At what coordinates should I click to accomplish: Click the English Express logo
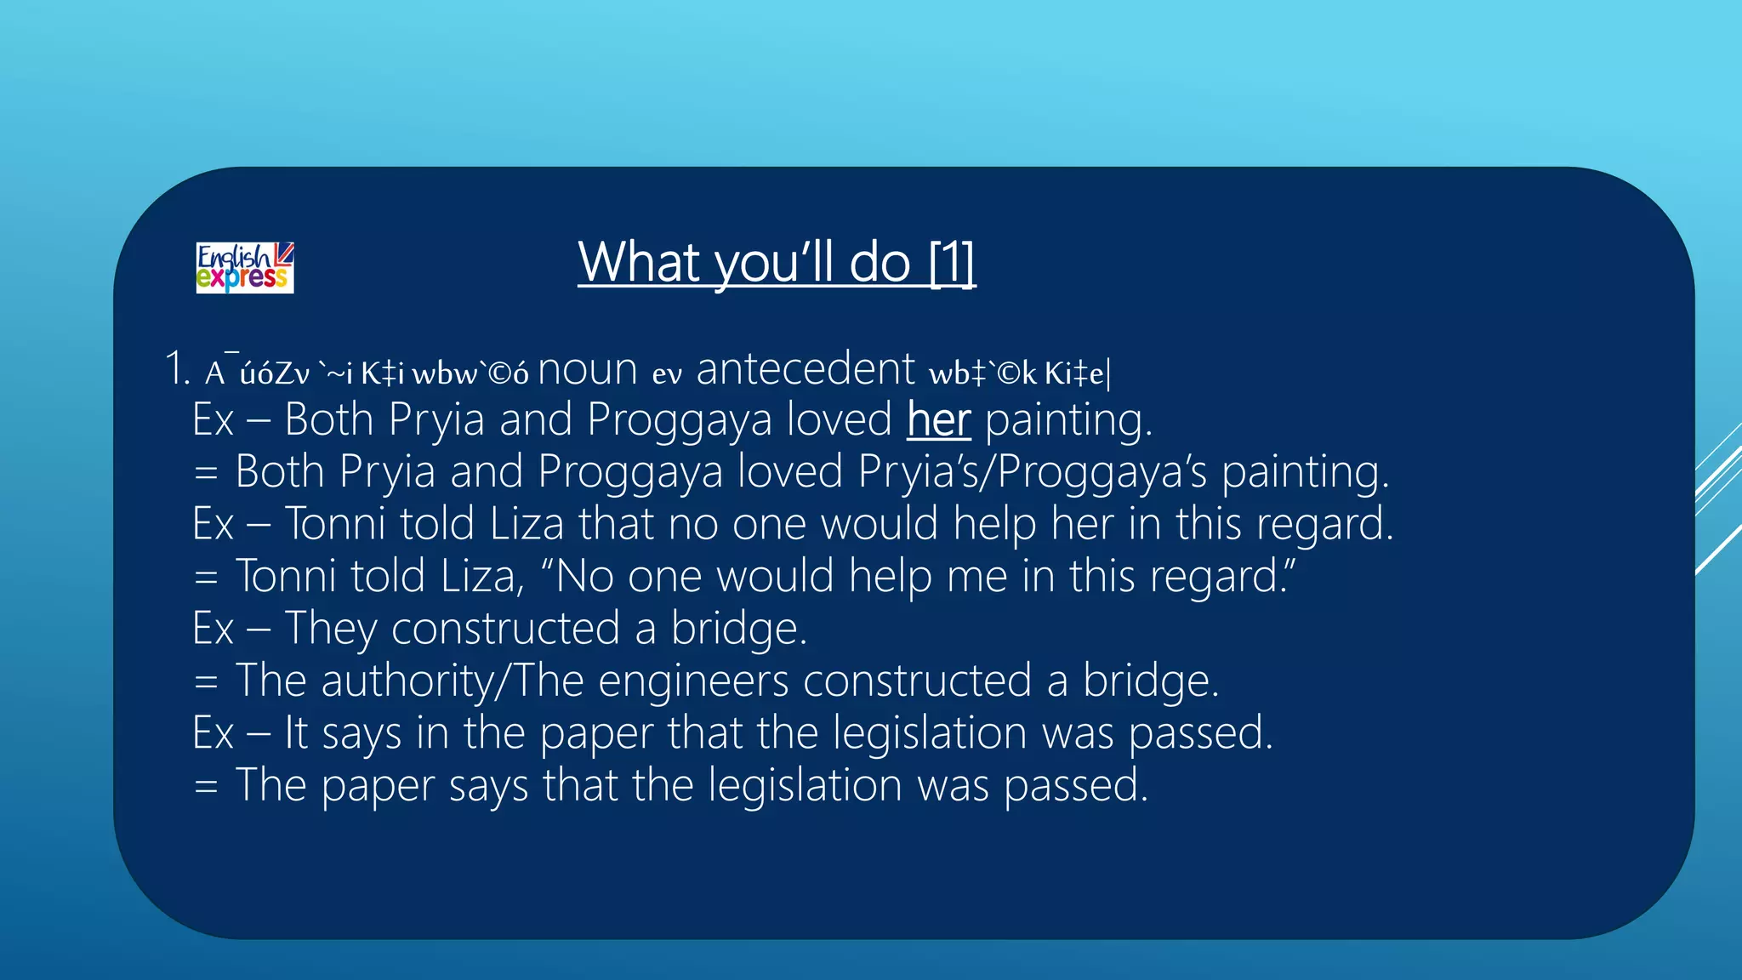point(245,268)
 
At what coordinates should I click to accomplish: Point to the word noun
point(588,370)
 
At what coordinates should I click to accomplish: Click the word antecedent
point(806,370)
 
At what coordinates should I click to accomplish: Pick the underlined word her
point(938,419)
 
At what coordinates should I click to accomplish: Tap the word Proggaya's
point(1102,472)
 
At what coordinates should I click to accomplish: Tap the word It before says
point(295,732)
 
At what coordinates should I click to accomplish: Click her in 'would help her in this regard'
point(1082,524)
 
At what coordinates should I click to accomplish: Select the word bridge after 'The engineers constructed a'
point(1150,681)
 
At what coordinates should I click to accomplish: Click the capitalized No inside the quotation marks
point(584,576)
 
